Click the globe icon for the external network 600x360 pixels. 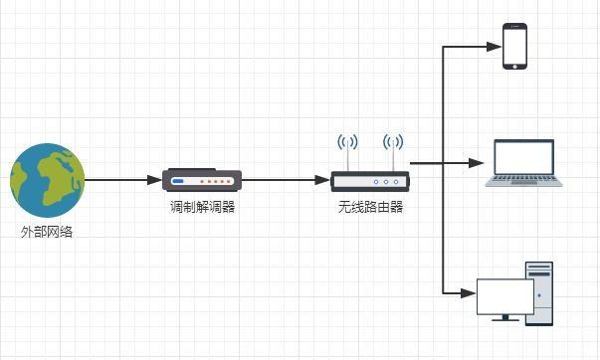(x=47, y=180)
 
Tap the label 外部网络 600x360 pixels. (x=47, y=232)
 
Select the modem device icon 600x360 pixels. (x=202, y=180)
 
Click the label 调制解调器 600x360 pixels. (x=202, y=207)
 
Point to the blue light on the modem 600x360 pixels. (x=178, y=181)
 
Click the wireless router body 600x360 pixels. (x=370, y=181)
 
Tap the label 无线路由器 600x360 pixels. (x=370, y=207)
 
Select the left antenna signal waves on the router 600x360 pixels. (x=347, y=142)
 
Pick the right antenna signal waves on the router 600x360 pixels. (x=393, y=142)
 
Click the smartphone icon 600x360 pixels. (x=514, y=47)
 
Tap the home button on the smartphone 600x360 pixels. (x=514, y=67)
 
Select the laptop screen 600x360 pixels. (x=523, y=157)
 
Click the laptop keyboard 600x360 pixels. (x=523, y=179)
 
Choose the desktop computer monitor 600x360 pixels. (x=505, y=297)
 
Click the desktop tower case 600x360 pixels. (x=539, y=293)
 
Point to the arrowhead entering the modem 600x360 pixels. (x=154, y=180)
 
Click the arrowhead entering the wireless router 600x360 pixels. (x=322, y=180)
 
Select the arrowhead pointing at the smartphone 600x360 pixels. (x=494, y=47)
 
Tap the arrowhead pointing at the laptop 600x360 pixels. (x=477, y=163)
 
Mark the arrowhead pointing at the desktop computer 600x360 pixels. (x=469, y=293)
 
